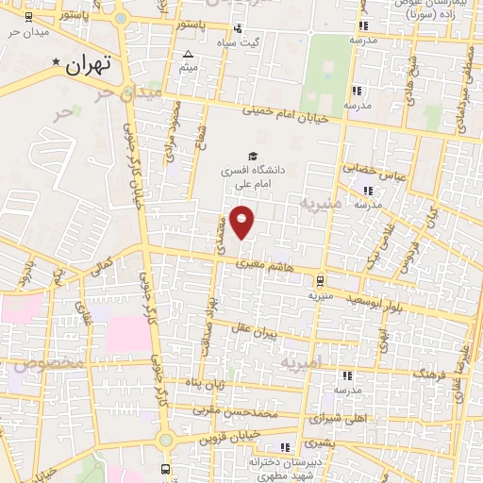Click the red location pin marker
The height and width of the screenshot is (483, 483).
(x=242, y=222)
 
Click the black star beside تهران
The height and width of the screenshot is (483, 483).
(x=57, y=63)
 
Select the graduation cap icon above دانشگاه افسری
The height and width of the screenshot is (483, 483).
(x=252, y=156)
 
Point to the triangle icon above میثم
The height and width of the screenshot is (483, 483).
(x=189, y=54)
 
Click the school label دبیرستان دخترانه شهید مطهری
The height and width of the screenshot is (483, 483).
(x=280, y=469)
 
